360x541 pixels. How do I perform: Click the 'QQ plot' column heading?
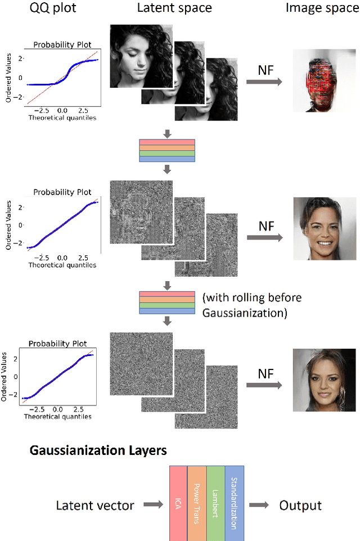pyautogui.click(x=48, y=8)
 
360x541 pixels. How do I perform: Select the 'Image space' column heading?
pyautogui.click(x=322, y=8)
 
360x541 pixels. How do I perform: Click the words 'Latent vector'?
pyautogui.click(x=95, y=505)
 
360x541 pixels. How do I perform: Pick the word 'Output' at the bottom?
pyautogui.click(x=300, y=505)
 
